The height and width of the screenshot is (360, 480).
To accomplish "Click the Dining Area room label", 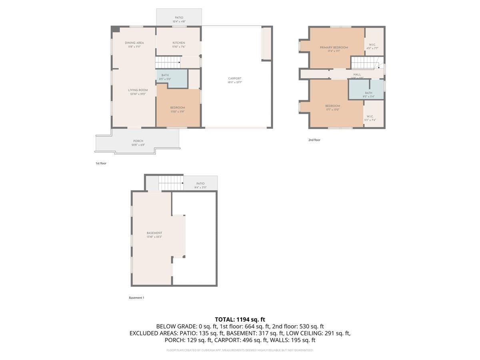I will [x=134, y=43].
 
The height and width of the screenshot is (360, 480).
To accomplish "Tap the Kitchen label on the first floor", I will [x=179, y=43].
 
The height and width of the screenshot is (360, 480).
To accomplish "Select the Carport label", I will [x=235, y=78].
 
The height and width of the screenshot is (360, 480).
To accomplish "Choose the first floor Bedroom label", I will [x=178, y=108].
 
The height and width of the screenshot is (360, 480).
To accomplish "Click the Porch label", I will [x=138, y=141].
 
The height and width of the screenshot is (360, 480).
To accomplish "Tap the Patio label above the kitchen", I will [x=179, y=18].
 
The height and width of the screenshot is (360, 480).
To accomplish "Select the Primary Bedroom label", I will [x=334, y=48].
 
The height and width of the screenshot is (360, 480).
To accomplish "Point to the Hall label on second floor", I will [x=357, y=74].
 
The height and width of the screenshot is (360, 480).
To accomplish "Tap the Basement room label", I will [x=154, y=233].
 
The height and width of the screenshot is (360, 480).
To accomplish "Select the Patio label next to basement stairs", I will [x=200, y=184].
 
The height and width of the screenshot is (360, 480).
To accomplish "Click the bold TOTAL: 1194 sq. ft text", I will [x=240, y=319].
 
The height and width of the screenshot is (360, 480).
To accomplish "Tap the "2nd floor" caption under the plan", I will [x=314, y=140].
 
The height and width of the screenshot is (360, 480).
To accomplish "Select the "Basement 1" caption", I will [x=136, y=298].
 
